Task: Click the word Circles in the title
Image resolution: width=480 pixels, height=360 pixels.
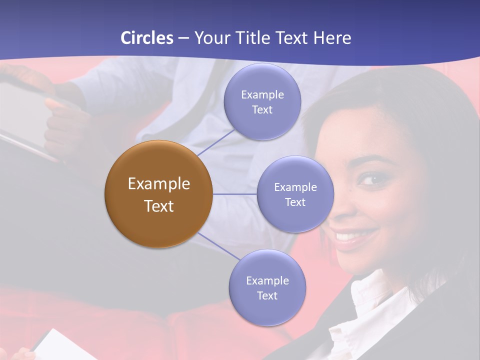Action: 146,38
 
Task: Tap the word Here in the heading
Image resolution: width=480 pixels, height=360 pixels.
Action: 332,38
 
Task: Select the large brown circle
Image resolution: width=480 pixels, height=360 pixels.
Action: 158,194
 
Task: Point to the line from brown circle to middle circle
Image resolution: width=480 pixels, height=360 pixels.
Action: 235,194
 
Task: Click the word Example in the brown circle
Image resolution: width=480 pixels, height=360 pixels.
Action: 159,184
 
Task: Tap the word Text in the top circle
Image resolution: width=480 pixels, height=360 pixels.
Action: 262,110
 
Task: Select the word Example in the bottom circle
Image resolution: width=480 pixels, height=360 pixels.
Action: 267,281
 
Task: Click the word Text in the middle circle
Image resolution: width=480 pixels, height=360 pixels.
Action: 295,202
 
